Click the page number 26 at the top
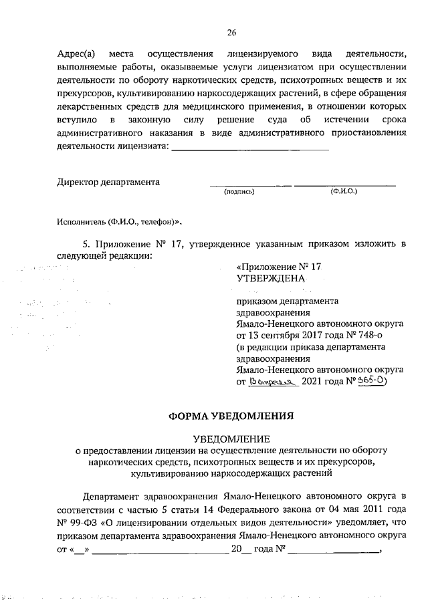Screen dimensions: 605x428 coord(231,31)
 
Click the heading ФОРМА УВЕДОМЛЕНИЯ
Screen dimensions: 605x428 coord(231,415)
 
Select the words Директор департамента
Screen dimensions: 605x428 coord(108,182)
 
